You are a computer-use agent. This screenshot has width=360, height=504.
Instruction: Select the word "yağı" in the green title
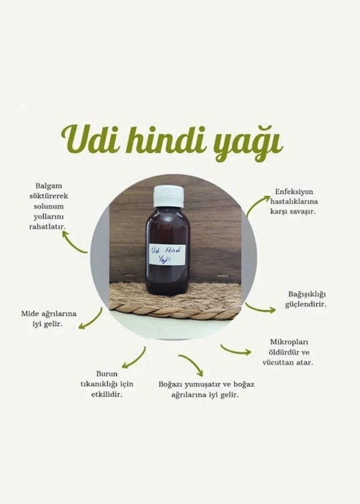248,143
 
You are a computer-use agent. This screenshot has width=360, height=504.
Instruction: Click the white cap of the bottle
169,196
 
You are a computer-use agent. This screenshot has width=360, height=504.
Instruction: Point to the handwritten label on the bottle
167,255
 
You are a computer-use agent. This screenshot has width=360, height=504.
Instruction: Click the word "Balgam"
49,186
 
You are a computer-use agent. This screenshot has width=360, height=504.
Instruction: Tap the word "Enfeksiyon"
294,191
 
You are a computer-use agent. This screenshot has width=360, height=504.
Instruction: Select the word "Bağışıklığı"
307,294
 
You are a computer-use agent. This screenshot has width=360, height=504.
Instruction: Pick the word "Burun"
107,374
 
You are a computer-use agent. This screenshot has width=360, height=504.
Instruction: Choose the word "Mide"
30,313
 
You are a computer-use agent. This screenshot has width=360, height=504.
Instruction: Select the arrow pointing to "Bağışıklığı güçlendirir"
260,309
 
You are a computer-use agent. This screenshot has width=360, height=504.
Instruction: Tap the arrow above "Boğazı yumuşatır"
193,363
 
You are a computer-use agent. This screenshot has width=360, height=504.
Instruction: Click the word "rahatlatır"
47,227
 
